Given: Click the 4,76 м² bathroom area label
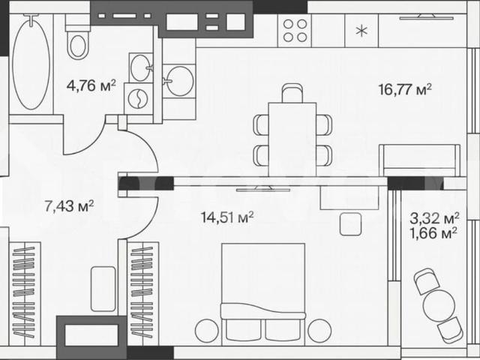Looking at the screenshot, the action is pos(91,85).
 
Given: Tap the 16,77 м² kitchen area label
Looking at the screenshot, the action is pos(405,90).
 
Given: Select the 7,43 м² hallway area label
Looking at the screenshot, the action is pos(69,205).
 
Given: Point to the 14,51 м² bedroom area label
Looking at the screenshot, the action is pos(227,217).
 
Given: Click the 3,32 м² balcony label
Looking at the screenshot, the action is pos(435,218).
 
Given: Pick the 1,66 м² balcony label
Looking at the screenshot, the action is pos(435,233).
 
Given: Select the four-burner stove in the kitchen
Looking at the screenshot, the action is pos(295,31).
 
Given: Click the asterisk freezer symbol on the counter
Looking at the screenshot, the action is pos(361,31).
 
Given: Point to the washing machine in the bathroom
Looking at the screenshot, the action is pos(138,98).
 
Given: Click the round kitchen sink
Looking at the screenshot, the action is pos(180,81).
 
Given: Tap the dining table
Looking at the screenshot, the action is pos(292,139).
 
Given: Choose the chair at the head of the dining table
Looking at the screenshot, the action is pos(292,93).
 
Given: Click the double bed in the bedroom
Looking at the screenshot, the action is pos(263,292).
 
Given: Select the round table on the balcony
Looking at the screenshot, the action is pos(439,305).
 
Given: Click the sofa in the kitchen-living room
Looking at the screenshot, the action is pos(420,160).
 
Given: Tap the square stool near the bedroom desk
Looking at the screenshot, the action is pos(350,224).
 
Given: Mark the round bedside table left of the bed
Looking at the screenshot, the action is pos(207,331).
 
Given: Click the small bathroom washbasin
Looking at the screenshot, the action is pos(141,68).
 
